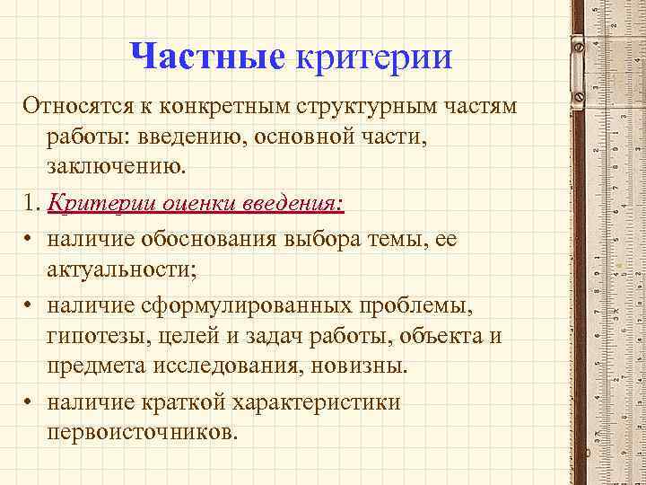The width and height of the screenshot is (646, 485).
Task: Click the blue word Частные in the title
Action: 206,57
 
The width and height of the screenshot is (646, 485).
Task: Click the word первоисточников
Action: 144,431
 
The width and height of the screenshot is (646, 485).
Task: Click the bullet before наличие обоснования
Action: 30,241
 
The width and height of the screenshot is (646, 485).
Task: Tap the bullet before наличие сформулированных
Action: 30,307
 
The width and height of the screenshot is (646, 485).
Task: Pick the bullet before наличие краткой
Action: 30,402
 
